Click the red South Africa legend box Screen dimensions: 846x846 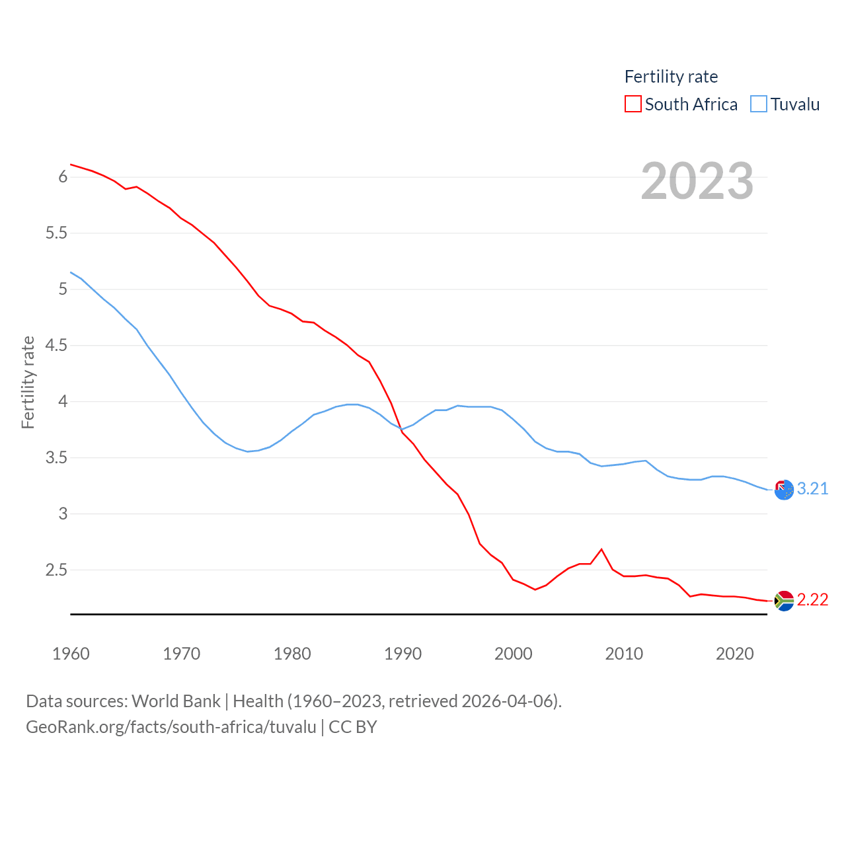coord(633,104)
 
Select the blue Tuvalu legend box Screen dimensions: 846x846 coord(759,104)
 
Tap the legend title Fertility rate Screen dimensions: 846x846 coord(671,77)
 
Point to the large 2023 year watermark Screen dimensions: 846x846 coord(697,181)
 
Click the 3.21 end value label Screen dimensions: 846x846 coord(812,488)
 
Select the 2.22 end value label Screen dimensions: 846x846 coord(812,599)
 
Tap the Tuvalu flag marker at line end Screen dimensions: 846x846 coord(784,490)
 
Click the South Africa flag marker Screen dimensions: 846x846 coord(784,601)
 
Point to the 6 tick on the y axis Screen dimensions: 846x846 coord(63,176)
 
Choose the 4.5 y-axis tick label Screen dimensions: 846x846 coord(57,345)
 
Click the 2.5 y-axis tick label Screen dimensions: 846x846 coord(57,570)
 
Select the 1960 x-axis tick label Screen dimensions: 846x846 coord(71,654)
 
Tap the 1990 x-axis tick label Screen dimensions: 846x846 coord(403,654)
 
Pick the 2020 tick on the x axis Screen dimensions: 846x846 coord(734,654)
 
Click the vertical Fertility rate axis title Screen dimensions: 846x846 coord(28,382)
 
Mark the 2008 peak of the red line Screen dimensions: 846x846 coord(601,549)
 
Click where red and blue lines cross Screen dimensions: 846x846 coord(401,430)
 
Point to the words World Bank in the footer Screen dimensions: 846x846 coord(176,701)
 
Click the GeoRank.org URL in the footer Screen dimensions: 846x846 coord(171,727)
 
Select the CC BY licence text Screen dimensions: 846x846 coord(353,727)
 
